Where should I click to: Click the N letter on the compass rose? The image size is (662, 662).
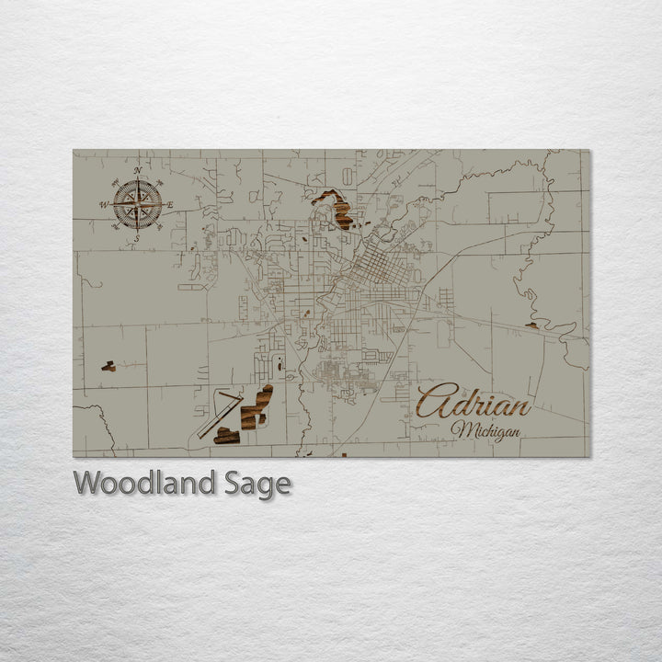click(x=137, y=171)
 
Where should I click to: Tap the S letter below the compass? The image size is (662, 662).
click(x=137, y=238)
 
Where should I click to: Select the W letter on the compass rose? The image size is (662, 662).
click(x=103, y=205)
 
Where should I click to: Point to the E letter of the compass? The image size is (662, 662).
click(x=170, y=204)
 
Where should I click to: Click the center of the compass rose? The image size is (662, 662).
click(x=137, y=204)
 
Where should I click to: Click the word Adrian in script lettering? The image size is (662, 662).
click(x=474, y=403)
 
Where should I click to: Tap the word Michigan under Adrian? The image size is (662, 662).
click(x=485, y=430)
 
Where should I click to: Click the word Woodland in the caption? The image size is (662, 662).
click(x=144, y=483)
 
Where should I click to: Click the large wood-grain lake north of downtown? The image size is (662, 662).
click(x=337, y=211)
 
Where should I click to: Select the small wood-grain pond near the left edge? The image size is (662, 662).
click(x=108, y=366)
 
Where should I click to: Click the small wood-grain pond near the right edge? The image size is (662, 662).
click(x=531, y=325)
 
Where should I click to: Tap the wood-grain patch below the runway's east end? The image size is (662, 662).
click(x=226, y=435)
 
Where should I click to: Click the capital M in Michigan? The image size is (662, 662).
click(x=459, y=429)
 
